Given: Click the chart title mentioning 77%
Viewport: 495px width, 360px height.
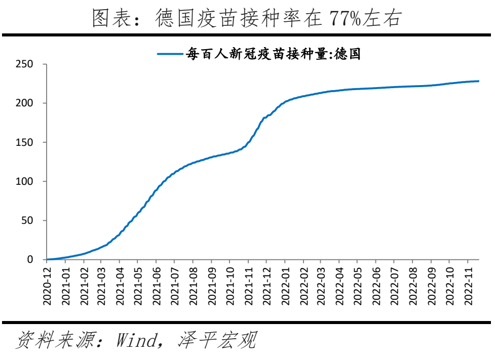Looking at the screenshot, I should click(247, 19).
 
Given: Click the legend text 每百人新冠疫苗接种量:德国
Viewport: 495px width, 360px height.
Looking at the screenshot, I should click(273, 54).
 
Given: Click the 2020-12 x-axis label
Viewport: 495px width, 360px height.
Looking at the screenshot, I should click(47, 286).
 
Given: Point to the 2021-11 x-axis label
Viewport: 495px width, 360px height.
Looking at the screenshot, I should click(248, 286).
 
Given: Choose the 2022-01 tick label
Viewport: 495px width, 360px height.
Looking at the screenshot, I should click(285, 286).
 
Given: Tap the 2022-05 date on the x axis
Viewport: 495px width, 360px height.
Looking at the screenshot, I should click(358, 286).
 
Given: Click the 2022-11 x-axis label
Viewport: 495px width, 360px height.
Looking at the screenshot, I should click(468, 286).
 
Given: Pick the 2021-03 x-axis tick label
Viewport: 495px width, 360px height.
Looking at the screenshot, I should click(102, 286).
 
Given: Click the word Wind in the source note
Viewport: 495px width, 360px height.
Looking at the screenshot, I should click(136, 340).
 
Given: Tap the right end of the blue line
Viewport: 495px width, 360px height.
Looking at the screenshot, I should click(478, 81).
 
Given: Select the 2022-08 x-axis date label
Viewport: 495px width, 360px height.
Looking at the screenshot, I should click(413, 286).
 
